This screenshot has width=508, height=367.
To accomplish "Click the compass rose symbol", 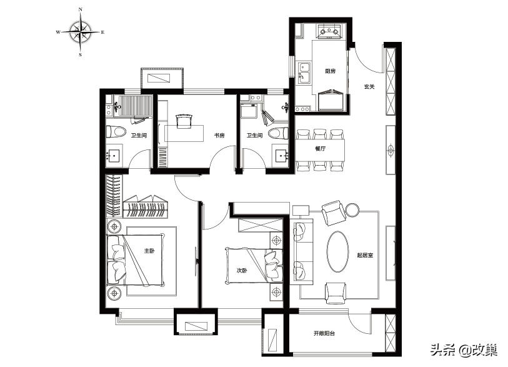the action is pos(81,32).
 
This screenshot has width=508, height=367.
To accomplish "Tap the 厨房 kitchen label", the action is pos(330,71).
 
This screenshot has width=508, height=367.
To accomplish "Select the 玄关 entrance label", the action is pos(369,87).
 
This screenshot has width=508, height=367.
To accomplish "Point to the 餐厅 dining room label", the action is pos(320,149).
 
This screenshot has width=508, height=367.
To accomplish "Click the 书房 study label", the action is pos(219,136).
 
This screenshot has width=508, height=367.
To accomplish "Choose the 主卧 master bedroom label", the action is pos(149,251).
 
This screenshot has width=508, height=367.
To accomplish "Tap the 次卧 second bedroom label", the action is pos(242,270).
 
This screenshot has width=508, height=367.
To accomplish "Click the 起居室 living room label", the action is pos(365,255).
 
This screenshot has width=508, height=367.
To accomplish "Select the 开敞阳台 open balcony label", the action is pos(324,333).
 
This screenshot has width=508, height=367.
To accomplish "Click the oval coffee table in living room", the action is pos(337,251).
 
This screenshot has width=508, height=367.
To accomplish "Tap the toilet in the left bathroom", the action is pos(116,132).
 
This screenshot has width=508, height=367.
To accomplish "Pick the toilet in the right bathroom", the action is pos(278,133).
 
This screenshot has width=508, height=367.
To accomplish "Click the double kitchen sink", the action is pos(304,73).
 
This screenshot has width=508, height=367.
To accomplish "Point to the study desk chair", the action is pos(183,121).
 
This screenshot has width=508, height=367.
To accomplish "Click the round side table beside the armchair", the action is pos(352,210).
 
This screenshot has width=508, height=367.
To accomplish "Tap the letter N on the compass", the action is pos(81,10).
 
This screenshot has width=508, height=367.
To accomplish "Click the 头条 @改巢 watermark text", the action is pos(464,350).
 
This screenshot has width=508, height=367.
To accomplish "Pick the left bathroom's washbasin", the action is pos(114,156).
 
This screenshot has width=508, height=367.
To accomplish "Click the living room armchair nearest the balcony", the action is pos(336,293).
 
